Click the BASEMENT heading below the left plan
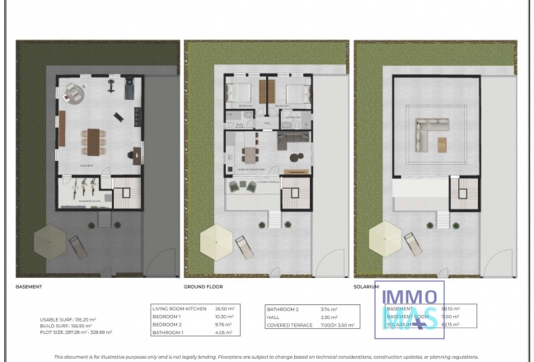pyautogui.click(x=29, y=287)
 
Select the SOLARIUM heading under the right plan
pyautogui.click(x=367, y=287)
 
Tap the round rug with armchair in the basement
pyautogui.click(x=73, y=93)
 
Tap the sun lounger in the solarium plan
pyautogui.click(x=410, y=242)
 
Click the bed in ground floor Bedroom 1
pyautogui.click(x=241, y=92)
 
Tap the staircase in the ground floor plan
pyautogui.click(x=292, y=196)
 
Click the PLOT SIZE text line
pyautogui.click(x=76, y=332)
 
